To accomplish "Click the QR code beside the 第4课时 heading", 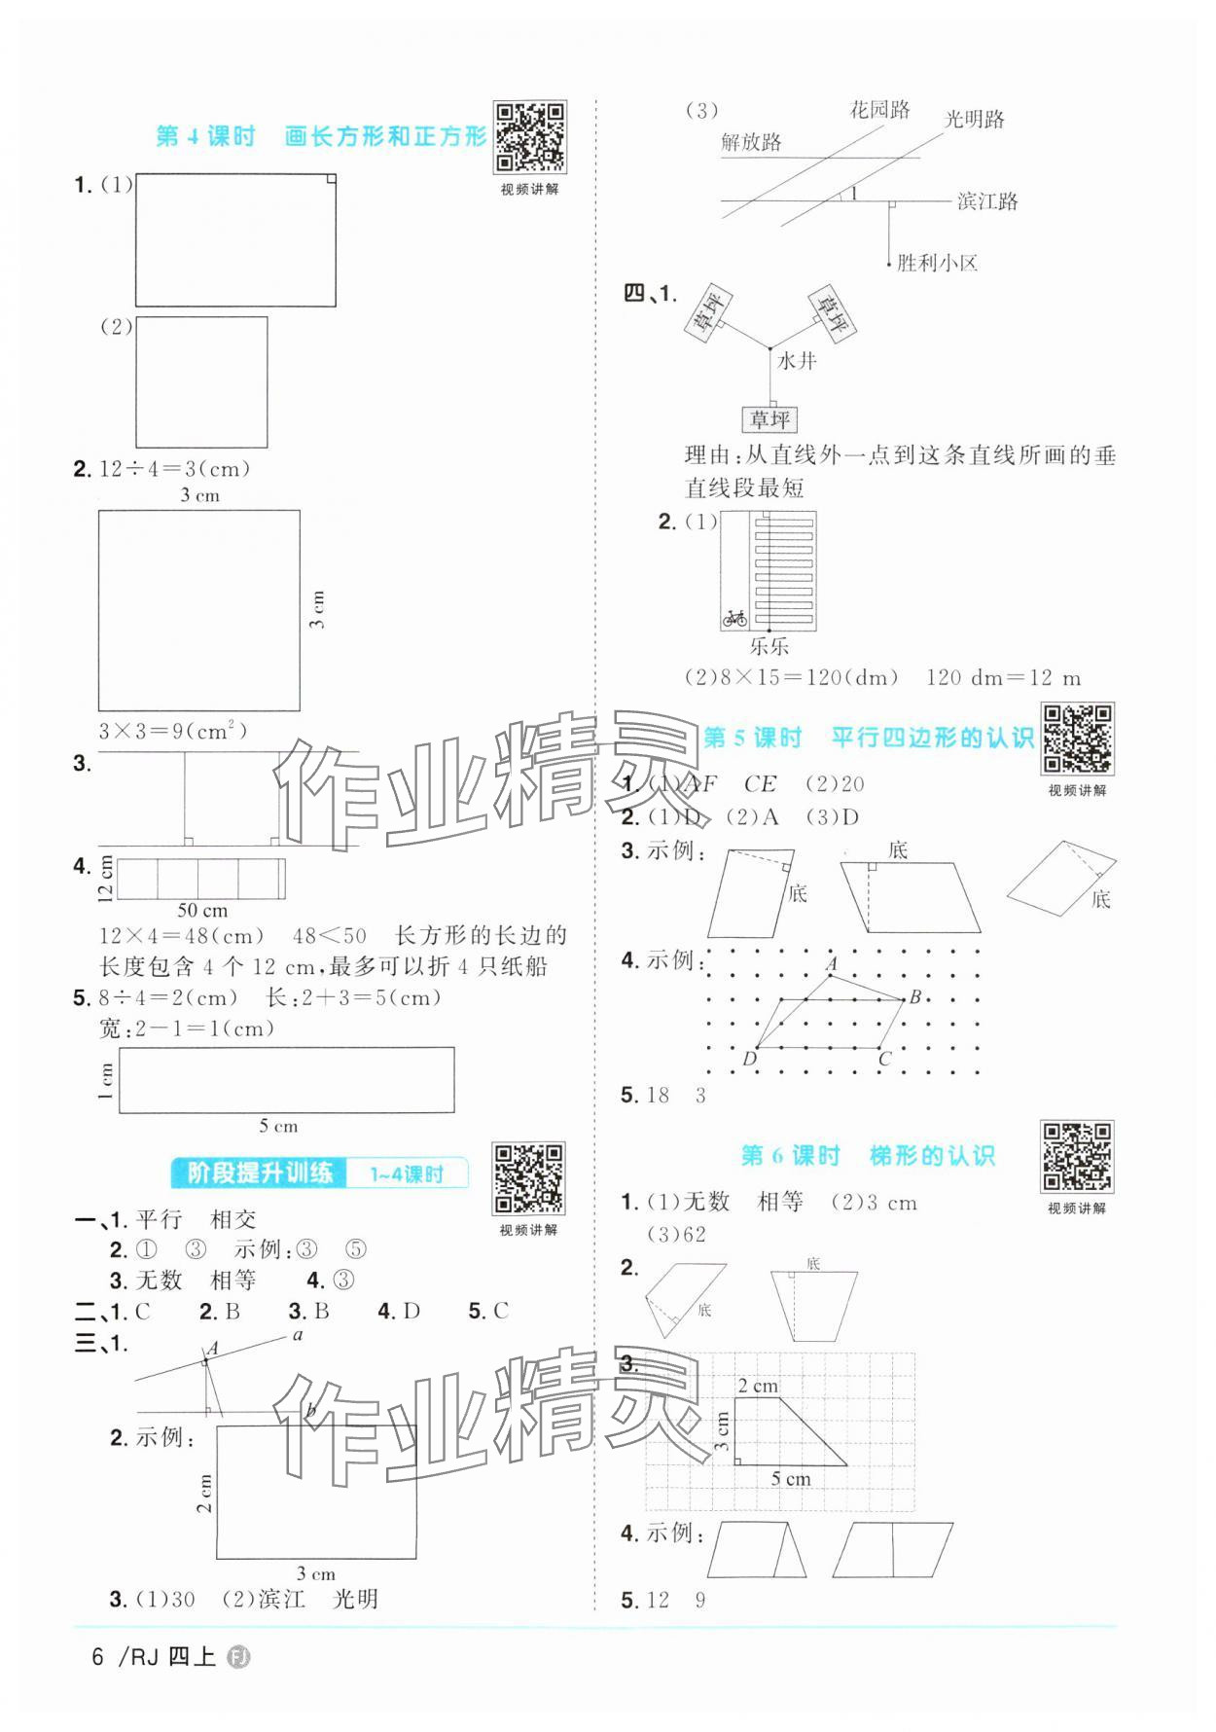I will click(x=529, y=137).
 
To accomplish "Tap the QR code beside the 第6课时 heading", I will click(x=1077, y=1157).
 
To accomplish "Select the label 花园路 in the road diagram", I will click(x=880, y=109).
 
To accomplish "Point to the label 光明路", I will click(x=975, y=120).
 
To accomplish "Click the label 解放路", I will click(x=751, y=143).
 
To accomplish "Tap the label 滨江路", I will click(x=987, y=201).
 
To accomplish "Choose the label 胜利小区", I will click(x=937, y=263).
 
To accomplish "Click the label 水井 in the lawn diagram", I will click(x=797, y=361).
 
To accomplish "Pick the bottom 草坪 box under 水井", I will click(x=769, y=419).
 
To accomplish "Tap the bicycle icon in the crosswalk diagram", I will click(x=734, y=617).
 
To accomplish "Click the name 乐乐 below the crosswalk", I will click(x=769, y=646).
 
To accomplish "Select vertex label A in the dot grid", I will click(x=832, y=963).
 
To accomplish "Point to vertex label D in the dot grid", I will click(x=749, y=1059).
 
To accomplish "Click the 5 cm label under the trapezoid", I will click(x=791, y=1479).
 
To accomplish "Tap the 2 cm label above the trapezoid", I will click(x=757, y=1386).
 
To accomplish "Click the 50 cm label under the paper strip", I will click(x=202, y=911).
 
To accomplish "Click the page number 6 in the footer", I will click(x=97, y=1656).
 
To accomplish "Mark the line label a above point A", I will click(x=298, y=1335).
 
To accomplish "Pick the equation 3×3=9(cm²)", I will click(x=173, y=731).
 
